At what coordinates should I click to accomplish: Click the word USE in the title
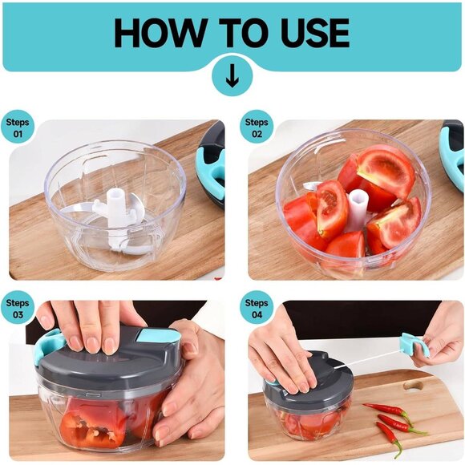(x=308, y=33)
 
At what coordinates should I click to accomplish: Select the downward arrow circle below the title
(x=232, y=79)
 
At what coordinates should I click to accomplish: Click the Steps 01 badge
(x=18, y=127)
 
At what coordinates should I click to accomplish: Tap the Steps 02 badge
(x=257, y=127)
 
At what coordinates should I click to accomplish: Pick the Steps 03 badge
(x=18, y=308)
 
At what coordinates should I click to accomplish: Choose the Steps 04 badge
(x=257, y=308)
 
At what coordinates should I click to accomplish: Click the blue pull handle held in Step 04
(x=415, y=344)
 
